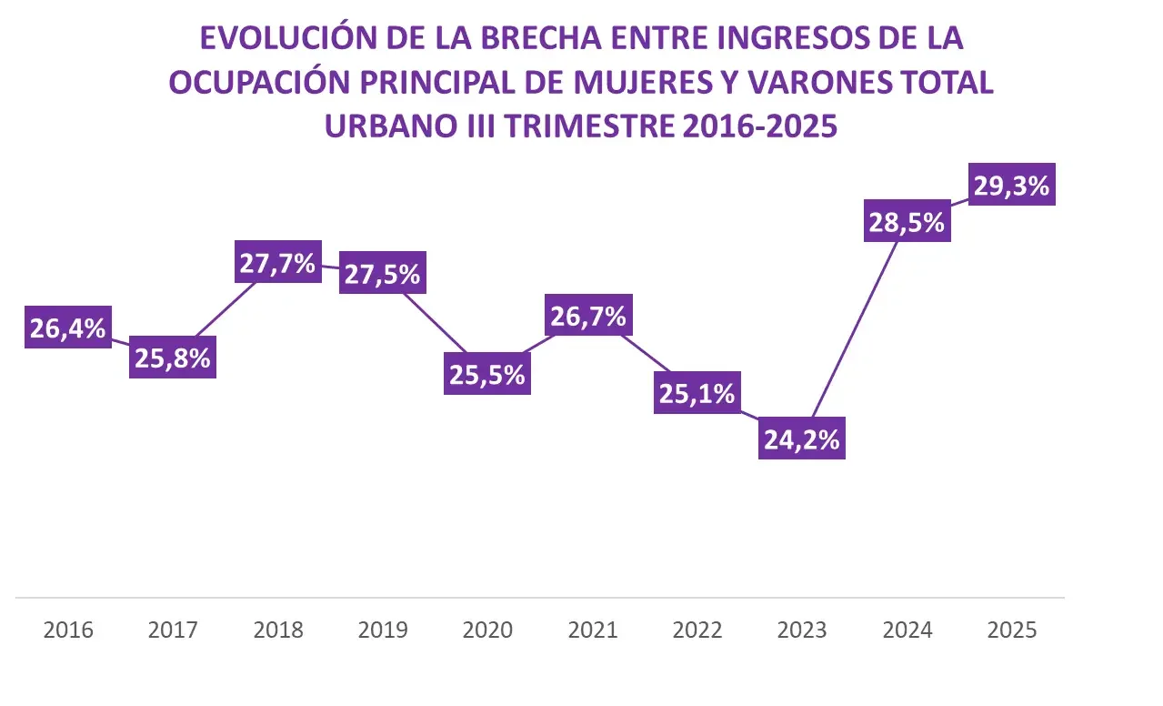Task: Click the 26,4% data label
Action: [68, 328]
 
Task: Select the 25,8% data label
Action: [173, 358]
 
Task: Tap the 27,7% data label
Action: [277, 263]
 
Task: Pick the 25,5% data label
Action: [487, 374]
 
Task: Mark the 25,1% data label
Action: [697, 393]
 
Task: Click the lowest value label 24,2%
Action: [801, 439]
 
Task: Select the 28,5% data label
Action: [907, 221]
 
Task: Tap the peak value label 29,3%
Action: [1011, 185]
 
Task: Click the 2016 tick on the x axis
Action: [68, 630]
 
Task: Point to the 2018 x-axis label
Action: [278, 630]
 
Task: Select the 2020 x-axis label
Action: [487, 630]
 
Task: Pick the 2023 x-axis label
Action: [802, 630]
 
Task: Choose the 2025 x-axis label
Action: [1011, 630]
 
